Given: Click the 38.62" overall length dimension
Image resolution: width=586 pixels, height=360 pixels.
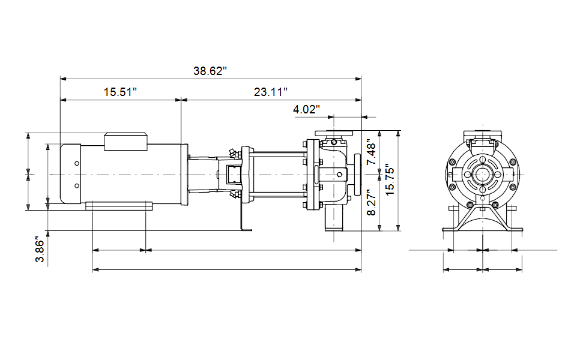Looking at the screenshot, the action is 210,71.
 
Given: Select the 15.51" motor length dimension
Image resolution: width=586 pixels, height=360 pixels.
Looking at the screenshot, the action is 120,92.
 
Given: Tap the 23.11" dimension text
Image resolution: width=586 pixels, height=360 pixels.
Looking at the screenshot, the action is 271,92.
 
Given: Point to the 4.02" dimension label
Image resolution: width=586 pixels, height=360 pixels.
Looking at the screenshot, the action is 306,110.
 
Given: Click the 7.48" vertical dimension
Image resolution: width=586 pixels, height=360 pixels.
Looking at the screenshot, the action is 372,152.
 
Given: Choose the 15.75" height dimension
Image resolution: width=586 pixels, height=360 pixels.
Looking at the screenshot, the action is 390,179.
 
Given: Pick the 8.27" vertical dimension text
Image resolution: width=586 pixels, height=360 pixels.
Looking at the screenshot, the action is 372,202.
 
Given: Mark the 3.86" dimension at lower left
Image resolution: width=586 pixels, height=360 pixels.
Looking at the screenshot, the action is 40,249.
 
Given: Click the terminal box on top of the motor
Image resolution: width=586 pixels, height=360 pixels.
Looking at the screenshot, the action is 125,142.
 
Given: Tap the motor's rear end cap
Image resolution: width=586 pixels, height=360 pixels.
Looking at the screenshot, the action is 71,173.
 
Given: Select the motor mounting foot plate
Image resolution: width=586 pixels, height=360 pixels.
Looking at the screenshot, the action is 119,206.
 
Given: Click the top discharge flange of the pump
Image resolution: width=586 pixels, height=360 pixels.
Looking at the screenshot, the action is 334,133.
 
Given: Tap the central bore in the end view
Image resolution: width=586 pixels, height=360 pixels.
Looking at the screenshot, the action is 483,175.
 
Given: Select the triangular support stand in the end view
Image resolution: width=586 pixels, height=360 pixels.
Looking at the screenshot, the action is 483,218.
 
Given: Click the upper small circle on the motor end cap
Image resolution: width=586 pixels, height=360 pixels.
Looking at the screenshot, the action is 77,163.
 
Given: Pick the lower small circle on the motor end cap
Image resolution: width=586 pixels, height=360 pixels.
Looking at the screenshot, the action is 77,185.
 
